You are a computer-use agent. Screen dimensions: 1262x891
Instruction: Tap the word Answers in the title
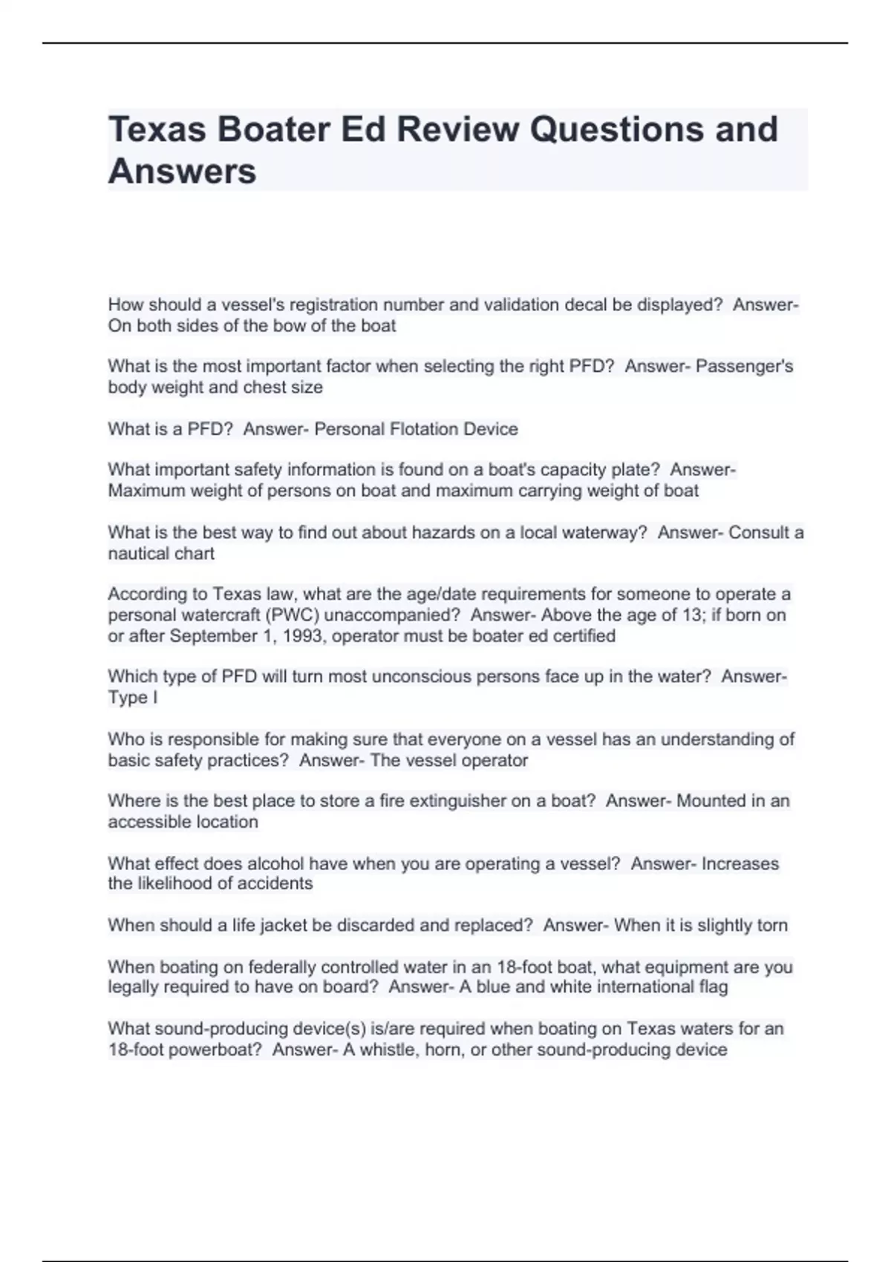tap(182, 171)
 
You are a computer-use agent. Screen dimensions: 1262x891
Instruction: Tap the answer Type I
tap(132, 697)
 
